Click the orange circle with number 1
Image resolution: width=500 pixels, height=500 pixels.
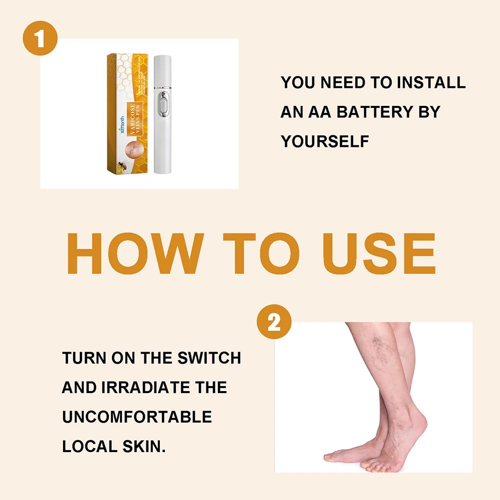pyautogui.click(x=40, y=38)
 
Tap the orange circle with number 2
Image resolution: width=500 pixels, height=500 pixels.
pyautogui.click(x=274, y=322)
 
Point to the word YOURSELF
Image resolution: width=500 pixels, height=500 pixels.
pyautogui.click(x=325, y=141)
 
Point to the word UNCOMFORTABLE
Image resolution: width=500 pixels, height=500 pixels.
pyautogui.click(x=137, y=417)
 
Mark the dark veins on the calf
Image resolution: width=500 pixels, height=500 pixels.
pyautogui.click(x=383, y=345)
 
